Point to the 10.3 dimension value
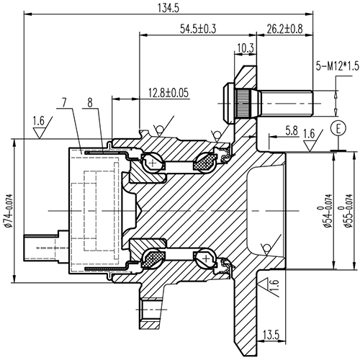coord(245,49)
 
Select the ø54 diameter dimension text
coord(328,209)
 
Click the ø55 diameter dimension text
coord(348,209)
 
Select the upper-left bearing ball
coord(153,163)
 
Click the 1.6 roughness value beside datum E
coord(310,132)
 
